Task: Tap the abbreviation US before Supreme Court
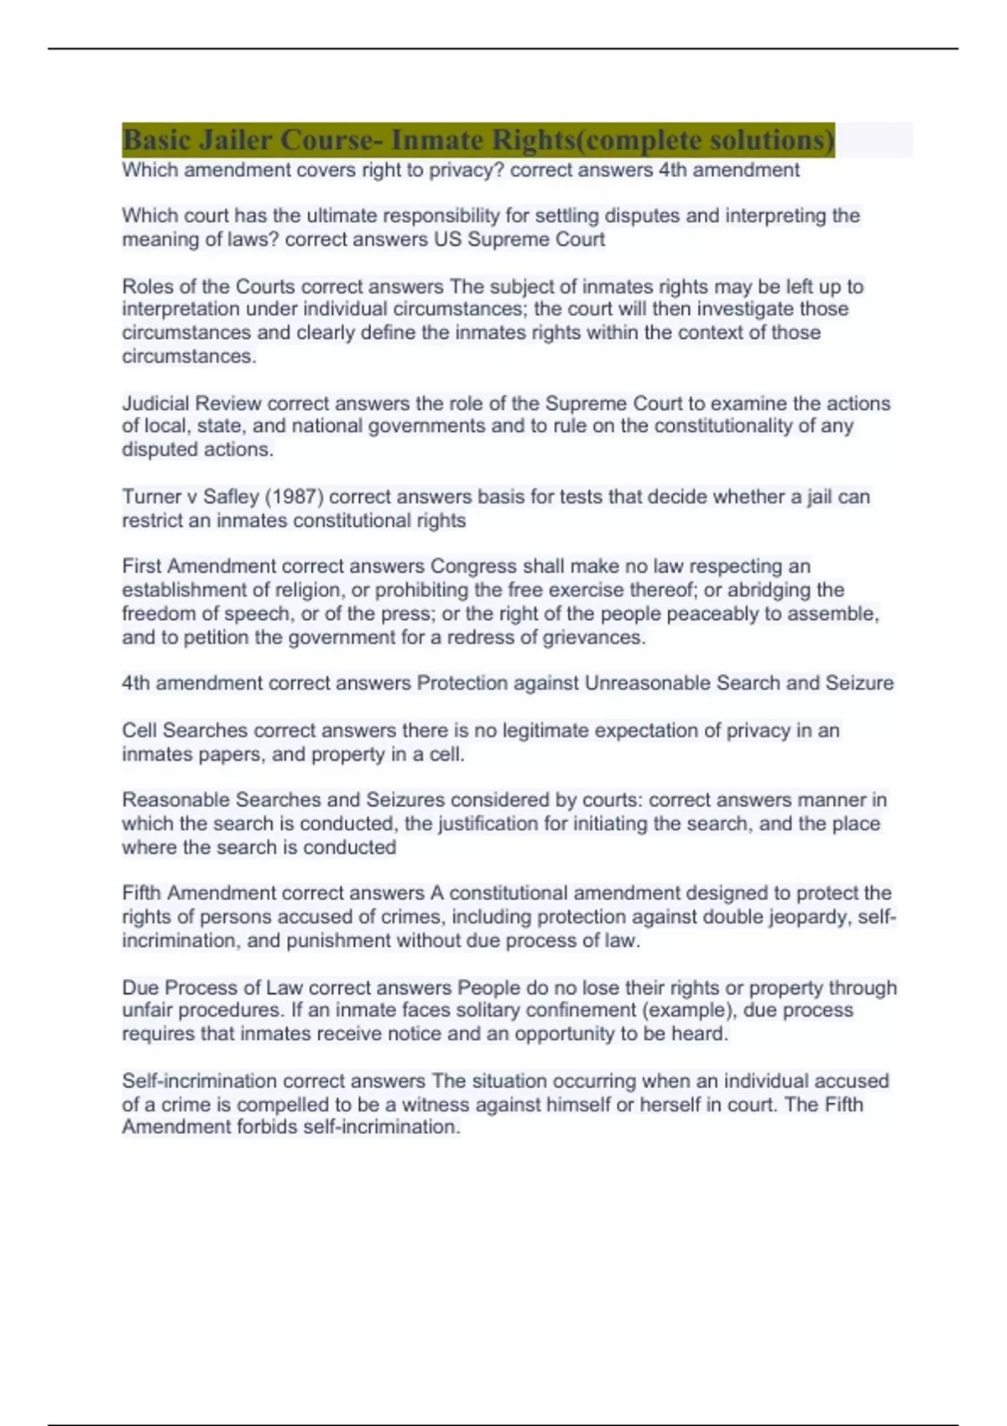447,240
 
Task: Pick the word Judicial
156,403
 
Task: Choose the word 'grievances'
593,638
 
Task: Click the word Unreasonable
647,684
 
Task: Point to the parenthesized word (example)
694,1011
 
